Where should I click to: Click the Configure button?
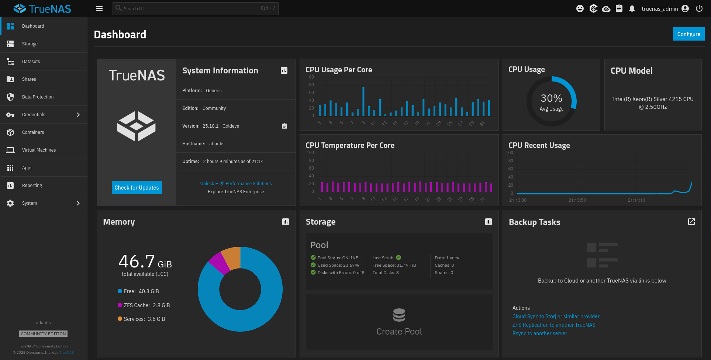tap(688, 34)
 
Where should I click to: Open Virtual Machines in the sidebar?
tap(39, 150)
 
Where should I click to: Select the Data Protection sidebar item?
tap(38, 97)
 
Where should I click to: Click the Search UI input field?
tap(192, 8)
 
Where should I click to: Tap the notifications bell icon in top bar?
tap(632, 8)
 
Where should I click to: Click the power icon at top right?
tap(699, 8)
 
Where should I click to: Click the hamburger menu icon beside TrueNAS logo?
tap(99, 8)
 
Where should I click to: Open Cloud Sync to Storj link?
tap(556, 316)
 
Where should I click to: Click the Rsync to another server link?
tap(539, 333)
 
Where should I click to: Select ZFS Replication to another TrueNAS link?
tap(553, 325)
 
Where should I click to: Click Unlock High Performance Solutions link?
tap(236, 184)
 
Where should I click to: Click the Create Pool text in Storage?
tap(399, 332)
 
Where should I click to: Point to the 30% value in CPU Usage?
tap(551, 98)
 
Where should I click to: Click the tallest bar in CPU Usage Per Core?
tap(363, 101)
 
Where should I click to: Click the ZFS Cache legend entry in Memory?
tap(144, 305)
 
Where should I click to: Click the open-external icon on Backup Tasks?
tap(691, 222)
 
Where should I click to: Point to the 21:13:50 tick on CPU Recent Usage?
tap(577, 200)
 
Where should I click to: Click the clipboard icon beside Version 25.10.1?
tap(284, 126)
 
